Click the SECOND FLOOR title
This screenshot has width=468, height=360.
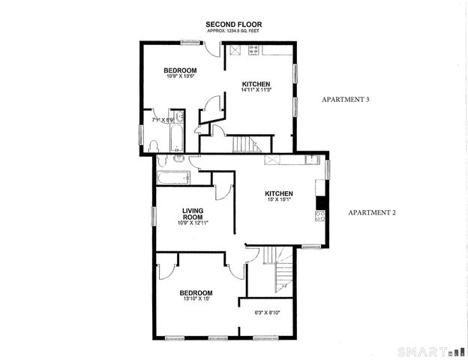pos(233,25)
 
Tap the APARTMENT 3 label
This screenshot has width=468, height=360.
pos(346,99)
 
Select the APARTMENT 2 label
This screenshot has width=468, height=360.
pos(371,212)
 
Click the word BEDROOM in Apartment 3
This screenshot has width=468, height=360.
pos(180,70)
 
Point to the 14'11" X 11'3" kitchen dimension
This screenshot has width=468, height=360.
pos(255,90)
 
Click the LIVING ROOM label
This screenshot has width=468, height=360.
pos(193,214)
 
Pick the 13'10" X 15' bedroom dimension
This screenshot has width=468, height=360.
pos(195,299)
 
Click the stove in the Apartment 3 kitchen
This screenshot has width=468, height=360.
pos(253,50)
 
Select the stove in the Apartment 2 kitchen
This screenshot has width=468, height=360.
pos(319,215)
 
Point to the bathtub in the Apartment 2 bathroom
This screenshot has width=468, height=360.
pos(174,178)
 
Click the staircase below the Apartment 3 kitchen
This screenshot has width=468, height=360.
pos(244,144)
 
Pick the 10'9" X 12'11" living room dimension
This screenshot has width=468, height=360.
pos(193,223)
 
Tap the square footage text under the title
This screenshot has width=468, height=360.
pos(233,31)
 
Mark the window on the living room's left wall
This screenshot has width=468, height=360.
pos(153,214)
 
